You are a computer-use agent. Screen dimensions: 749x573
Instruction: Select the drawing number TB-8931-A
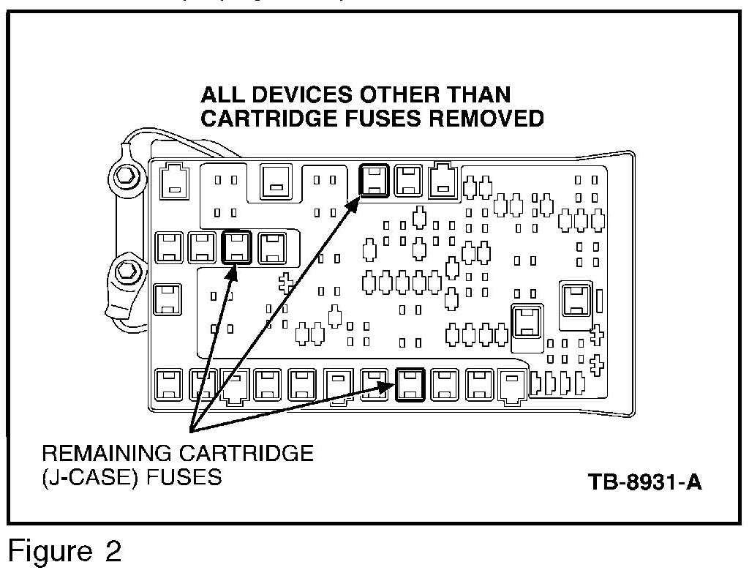644,483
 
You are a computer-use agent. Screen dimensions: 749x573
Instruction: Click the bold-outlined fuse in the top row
374,180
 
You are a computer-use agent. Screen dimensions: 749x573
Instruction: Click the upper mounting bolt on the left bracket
124,176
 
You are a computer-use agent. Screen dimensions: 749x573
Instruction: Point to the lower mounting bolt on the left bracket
125,271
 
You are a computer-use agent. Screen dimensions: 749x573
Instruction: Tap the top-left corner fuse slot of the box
173,179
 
